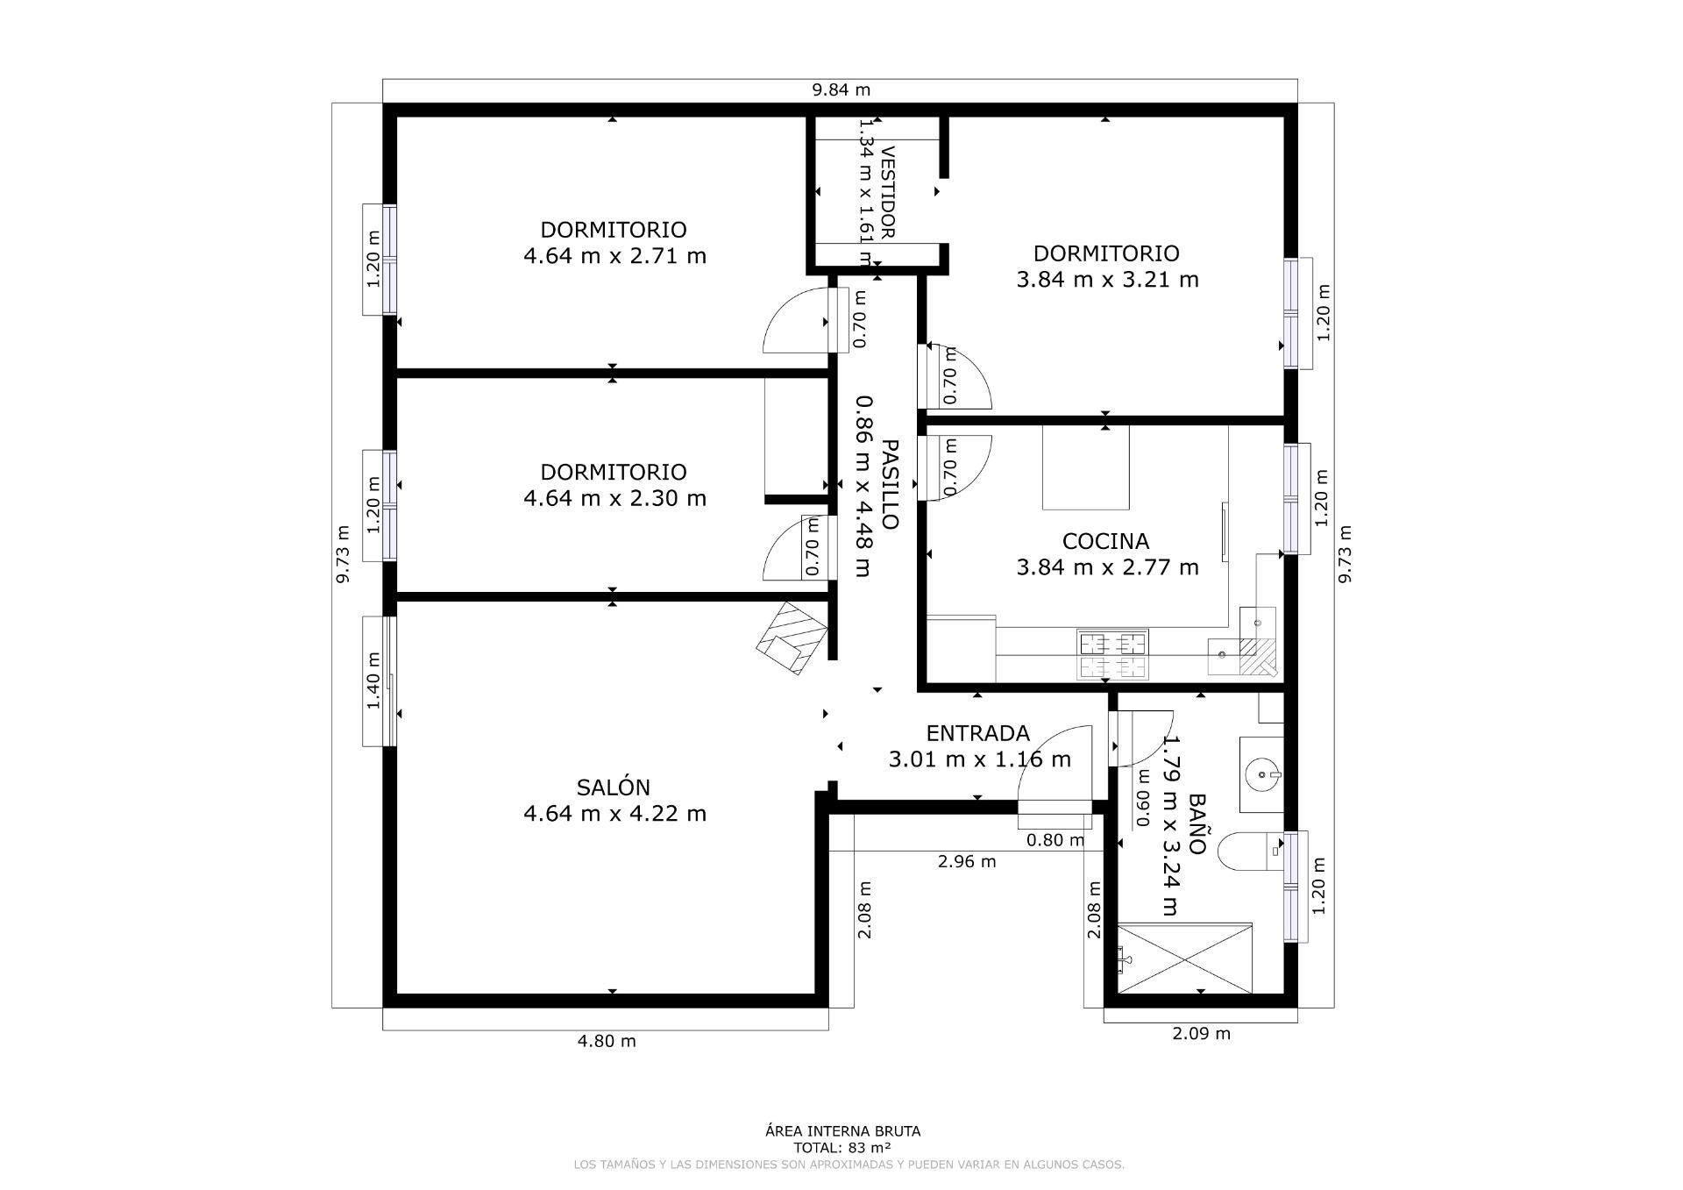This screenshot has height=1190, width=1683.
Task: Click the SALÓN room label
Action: click(x=614, y=787)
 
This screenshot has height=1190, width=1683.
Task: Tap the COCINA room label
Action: click(x=1105, y=541)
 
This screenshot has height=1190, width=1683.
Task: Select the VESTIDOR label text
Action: click(x=887, y=192)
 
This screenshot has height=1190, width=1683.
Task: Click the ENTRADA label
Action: click(x=977, y=733)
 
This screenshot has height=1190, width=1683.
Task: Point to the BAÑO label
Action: click(x=1197, y=824)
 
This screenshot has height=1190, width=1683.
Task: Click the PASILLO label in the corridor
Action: click(x=889, y=484)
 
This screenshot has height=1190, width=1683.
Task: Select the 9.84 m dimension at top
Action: click(x=841, y=89)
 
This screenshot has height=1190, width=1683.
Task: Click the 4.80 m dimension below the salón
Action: click(x=606, y=1041)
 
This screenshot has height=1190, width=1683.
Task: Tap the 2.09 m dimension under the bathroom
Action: click(x=1201, y=1033)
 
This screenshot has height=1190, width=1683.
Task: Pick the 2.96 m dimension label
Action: click(x=967, y=861)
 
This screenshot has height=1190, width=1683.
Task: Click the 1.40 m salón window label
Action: click(x=374, y=681)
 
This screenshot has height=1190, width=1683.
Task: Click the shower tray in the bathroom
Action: click(x=1185, y=958)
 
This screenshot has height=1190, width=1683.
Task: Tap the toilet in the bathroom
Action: click(x=1249, y=852)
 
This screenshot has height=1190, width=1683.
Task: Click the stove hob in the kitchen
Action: click(x=1112, y=655)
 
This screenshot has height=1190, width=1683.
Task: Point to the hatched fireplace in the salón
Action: click(x=792, y=638)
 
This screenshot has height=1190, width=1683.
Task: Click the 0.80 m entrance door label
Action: click(x=1055, y=840)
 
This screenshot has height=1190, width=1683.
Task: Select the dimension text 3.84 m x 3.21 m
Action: click(x=1106, y=280)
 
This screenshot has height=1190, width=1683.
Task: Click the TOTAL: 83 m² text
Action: click(x=842, y=1147)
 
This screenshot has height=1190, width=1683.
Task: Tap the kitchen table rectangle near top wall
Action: click(x=1085, y=467)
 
